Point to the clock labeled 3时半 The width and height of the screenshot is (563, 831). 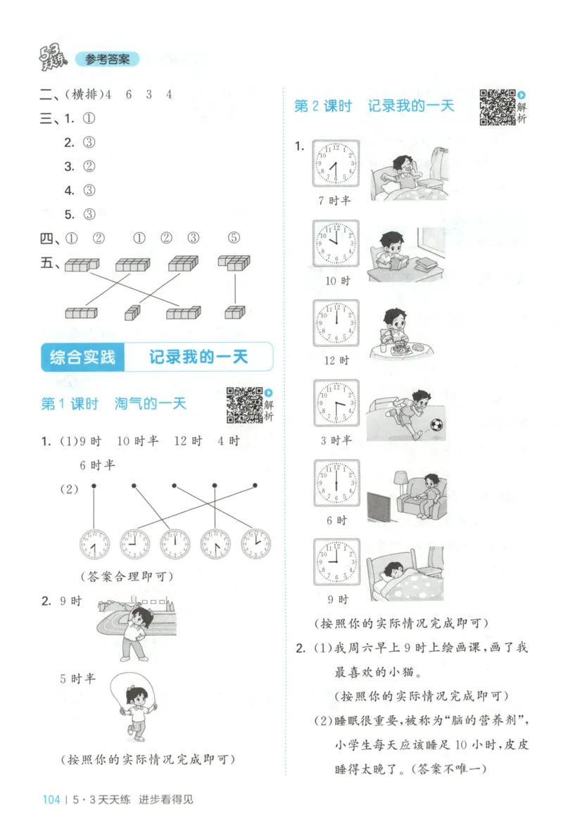[x=336, y=404]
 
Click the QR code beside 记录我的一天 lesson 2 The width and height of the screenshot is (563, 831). [x=497, y=107]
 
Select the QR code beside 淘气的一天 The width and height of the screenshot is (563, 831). [x=243, y=405]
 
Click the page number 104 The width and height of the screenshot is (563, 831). [x=51, y=799]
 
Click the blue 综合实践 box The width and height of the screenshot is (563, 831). [x=82, y=357]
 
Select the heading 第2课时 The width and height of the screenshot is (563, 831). [x=322, y=106]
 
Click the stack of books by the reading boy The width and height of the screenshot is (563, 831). [x=425, y=266]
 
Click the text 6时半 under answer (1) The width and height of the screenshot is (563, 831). [x=97, y=465]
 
